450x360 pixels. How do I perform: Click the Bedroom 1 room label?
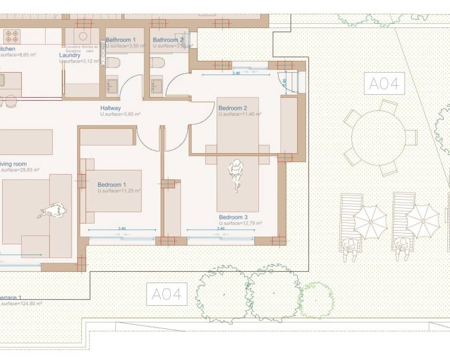tap(111, 185)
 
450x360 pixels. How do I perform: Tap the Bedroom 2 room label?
tap(232, 108)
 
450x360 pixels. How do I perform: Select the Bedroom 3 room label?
tap(233, 217)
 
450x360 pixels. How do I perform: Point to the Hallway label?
tap(110, 108)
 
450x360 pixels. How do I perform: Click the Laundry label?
tap(70, 55)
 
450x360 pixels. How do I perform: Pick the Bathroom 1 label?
tap(121, 40)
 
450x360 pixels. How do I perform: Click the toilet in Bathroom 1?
tap(113, 63)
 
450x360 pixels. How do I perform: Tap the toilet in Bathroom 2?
tap(157, 63)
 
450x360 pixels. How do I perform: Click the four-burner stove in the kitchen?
tap(11, 36)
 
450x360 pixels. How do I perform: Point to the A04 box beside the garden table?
tap(384, 84)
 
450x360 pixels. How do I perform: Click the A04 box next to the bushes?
tap(167, 294)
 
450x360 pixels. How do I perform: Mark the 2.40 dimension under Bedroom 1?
tap(122, 229)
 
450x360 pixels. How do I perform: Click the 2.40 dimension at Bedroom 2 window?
tap(236, 73)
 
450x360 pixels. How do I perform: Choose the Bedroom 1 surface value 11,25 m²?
tap(119, 191)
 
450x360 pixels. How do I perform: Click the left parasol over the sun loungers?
tap(370, 221)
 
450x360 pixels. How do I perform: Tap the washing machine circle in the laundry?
tap(83, 36)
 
